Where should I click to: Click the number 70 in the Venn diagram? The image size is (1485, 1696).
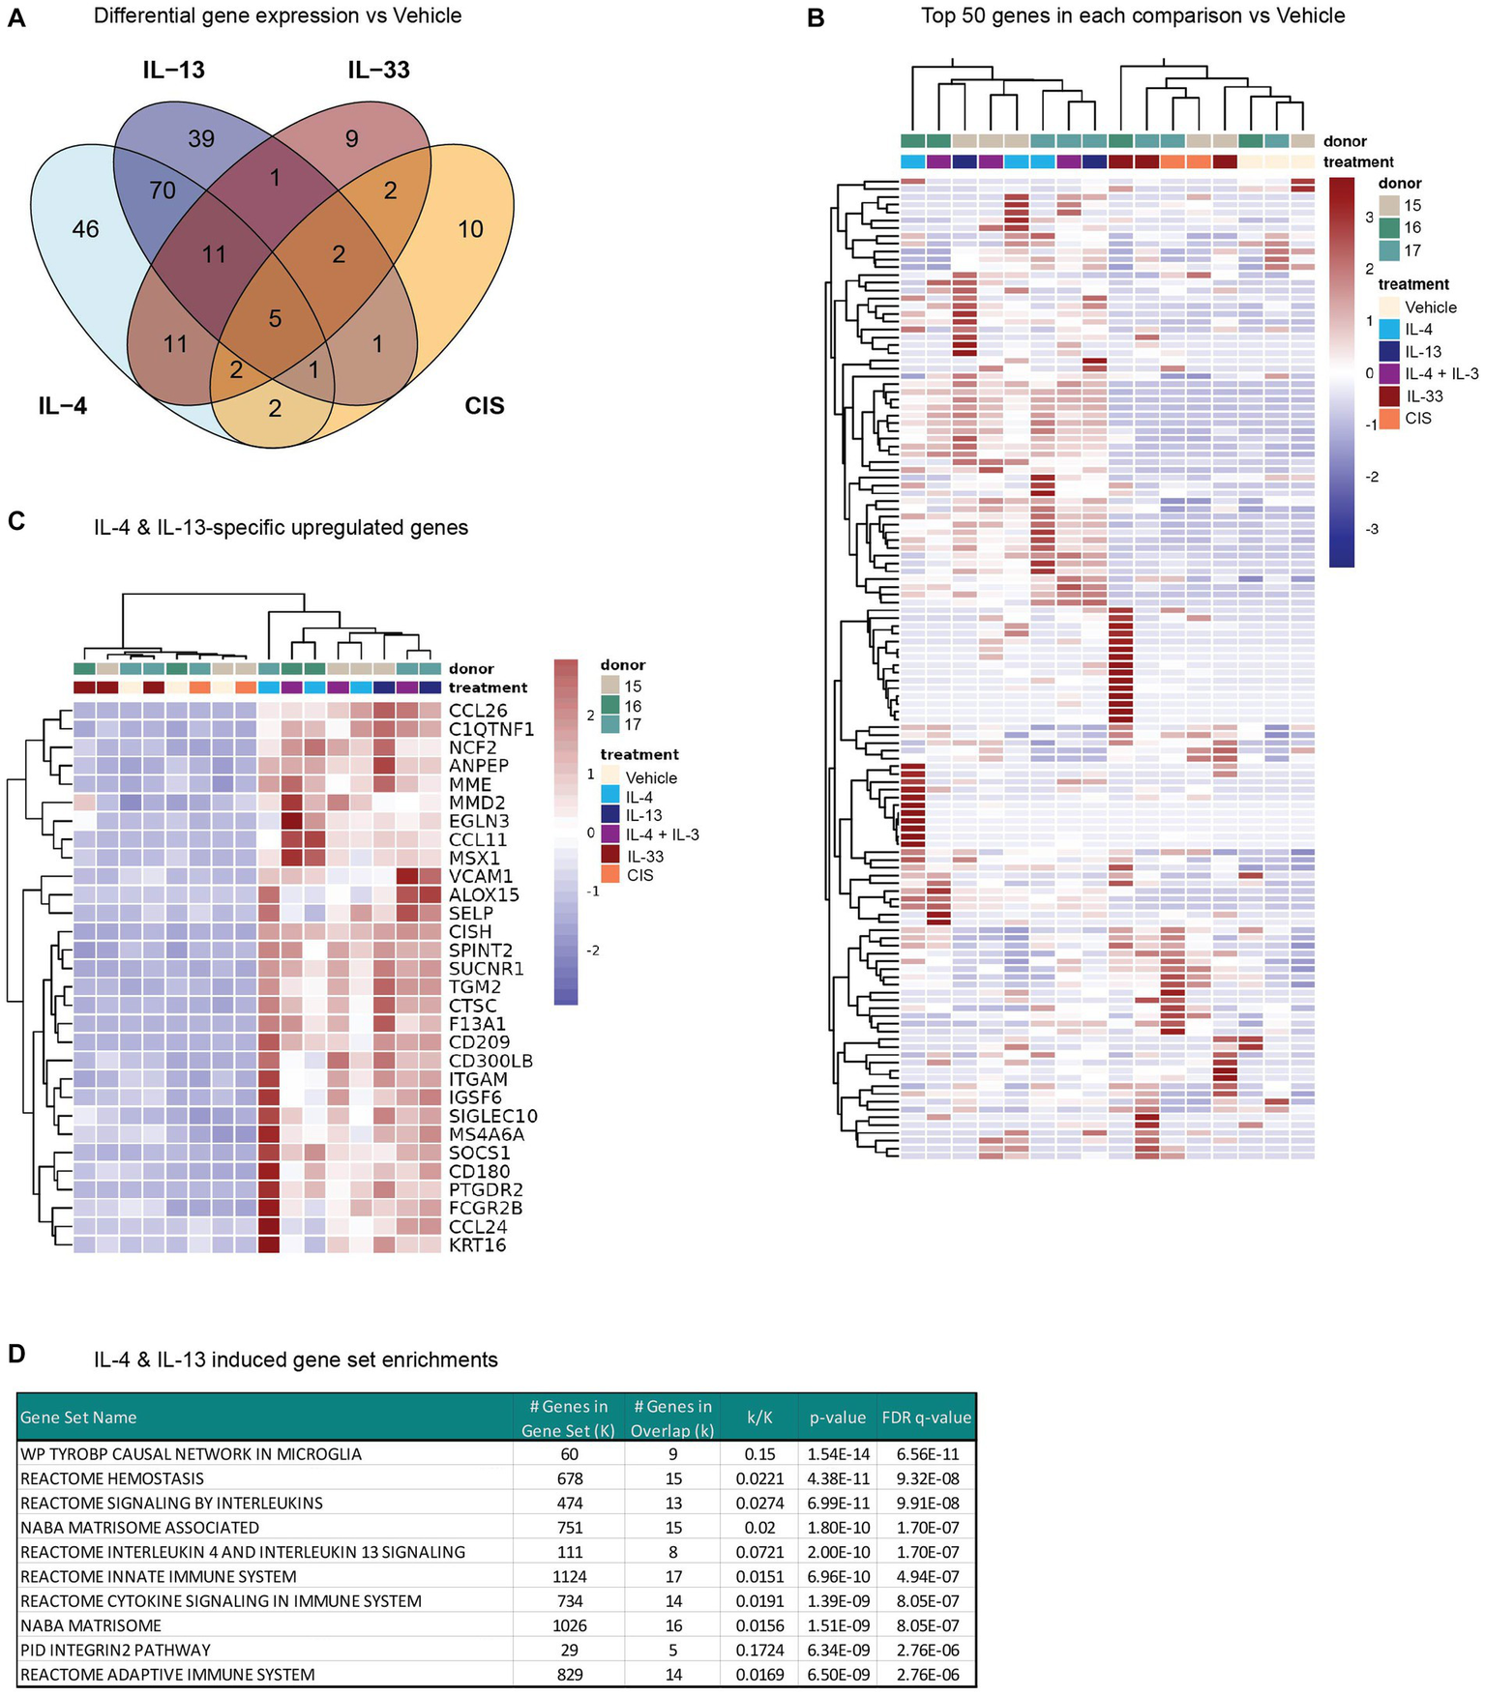pos(163,190)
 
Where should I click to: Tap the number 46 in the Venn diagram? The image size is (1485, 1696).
pos(85,229)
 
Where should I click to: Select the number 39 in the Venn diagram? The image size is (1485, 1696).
pos(201,139)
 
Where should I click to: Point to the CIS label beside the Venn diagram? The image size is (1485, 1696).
pos(484,406)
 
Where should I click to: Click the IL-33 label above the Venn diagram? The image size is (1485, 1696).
pos(378,71)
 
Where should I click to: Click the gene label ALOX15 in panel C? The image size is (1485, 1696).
pos(484,895)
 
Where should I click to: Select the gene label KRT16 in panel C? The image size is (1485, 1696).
pos(477,1245)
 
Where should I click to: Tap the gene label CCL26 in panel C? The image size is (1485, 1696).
pos(478,711)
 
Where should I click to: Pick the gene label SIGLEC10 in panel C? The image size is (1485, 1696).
pos(492,1117)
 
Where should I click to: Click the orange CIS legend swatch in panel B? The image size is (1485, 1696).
pos(1389,419)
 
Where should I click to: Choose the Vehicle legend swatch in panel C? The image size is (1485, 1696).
pos(609,777)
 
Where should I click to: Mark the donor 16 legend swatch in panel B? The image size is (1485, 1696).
pos(1389,228)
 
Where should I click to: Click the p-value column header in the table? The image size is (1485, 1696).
pos(838,1418)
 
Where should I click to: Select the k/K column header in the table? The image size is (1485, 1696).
pos(759,1418)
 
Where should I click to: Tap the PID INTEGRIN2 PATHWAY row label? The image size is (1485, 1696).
pos(115,1650)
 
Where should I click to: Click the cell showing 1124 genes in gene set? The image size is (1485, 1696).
pos(569,1576)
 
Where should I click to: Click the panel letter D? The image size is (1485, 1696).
pos(16,1354)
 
